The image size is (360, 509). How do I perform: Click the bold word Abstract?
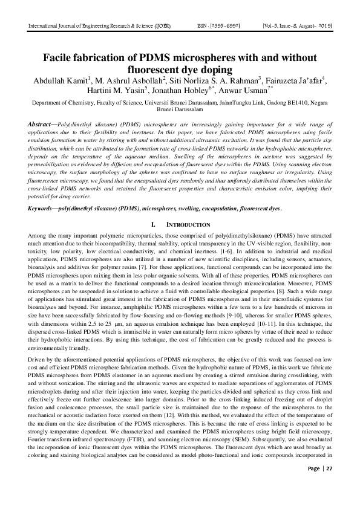pyautogui.click(x=41, y=124)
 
